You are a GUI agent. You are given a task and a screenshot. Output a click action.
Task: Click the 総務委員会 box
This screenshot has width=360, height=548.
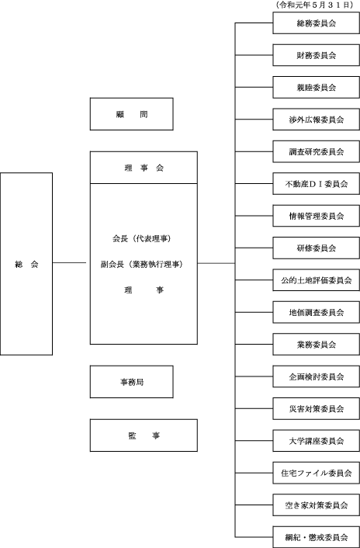click(x=316, y=23)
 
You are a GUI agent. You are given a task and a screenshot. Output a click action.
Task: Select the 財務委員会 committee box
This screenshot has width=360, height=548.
click(x=316, y=55)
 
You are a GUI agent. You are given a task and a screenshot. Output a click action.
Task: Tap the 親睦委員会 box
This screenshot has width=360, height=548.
click(x=316, y=88)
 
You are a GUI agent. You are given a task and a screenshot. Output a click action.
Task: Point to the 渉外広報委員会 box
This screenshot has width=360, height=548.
click(x=316, y=120)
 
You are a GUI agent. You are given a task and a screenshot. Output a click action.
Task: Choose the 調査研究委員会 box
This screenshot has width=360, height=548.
click(x=316, y=151)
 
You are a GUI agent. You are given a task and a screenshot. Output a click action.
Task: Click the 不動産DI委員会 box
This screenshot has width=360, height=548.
click(x=316, y=184)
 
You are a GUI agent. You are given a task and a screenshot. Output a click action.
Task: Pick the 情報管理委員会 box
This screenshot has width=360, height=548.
click(x=316, y=216)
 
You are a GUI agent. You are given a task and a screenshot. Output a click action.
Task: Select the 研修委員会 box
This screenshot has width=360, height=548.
click(x=316, y=248)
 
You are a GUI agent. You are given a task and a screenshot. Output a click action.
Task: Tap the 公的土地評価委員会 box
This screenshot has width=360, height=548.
click(x=316, y=280)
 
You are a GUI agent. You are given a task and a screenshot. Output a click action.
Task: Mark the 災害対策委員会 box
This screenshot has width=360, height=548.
click(x=316, y=408)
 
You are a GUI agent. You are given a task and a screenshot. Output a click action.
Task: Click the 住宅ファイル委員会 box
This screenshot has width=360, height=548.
click(x=316, y=473)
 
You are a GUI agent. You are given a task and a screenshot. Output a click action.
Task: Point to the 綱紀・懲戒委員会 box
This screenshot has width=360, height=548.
click(x=316, y=537)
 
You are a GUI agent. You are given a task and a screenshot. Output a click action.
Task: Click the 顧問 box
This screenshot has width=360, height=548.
click(x=132, y=114)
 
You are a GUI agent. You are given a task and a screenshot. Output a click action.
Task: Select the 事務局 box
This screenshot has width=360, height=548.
click(x=132, y=382)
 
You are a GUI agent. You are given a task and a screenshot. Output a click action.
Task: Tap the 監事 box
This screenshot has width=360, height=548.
click(x=144, y=435)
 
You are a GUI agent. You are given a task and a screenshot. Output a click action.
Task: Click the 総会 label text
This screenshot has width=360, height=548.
click(x=26, y=265)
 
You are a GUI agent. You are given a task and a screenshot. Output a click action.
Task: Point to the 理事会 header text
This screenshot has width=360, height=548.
click(x=144, y=168)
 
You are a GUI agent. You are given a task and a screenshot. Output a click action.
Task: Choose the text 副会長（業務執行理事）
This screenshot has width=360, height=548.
click(x=142, y=265)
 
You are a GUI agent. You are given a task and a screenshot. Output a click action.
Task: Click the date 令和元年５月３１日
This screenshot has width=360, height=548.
click(x=314, y=5)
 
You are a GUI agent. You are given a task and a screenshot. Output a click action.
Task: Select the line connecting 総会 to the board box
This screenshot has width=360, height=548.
click(x=70, y=263)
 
